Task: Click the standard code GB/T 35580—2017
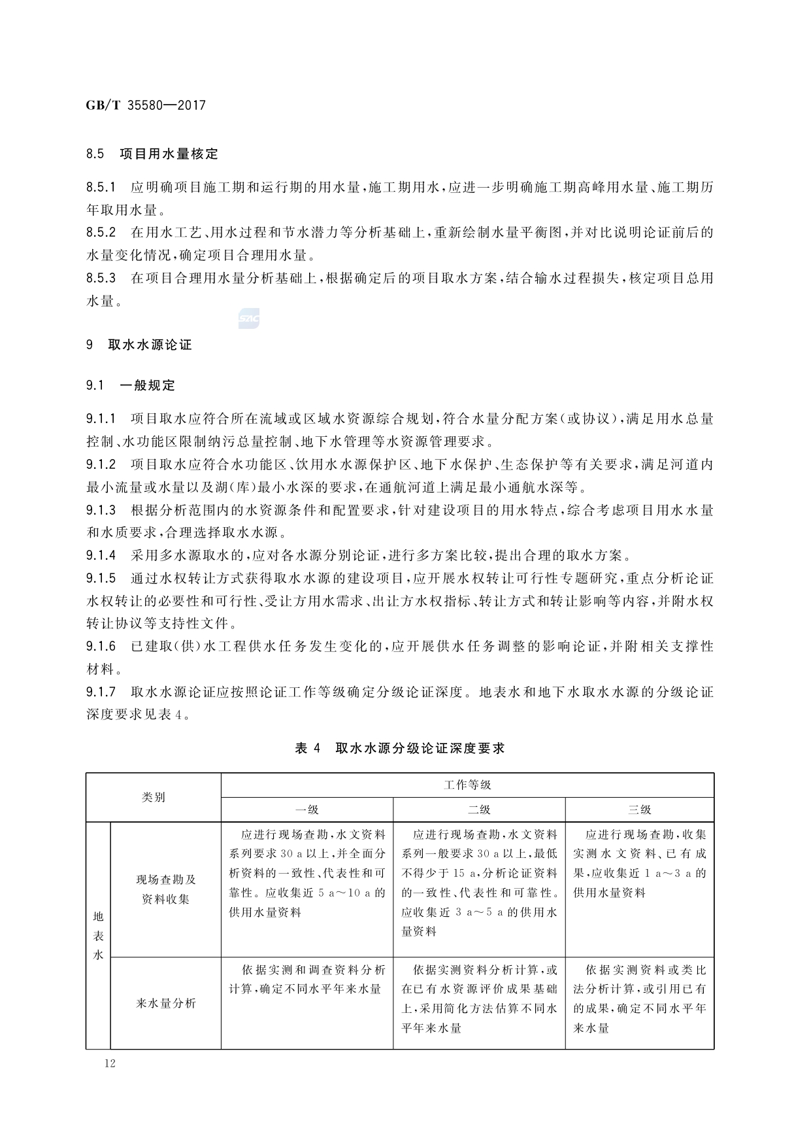click(145, 105)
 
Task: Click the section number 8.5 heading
click(95, 154)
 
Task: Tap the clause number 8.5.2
click(101, 232)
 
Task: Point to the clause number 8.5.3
click(101, 278)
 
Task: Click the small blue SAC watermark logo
click(249, 318)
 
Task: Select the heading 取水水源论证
click(150, 345)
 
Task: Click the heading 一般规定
click(148, 385)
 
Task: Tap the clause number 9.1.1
click(101, 419)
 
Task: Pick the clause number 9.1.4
click(101, 556)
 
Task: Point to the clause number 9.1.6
click(101, 647)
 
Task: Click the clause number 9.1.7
click(101, 692)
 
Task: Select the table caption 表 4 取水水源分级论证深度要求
click(400, 749)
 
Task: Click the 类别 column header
click(154, 797)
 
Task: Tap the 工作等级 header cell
click(467, 785)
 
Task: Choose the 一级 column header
click(307, 810)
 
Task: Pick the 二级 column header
click(479, 810)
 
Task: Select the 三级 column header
click(640, 810)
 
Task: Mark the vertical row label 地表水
click(99, 935)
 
